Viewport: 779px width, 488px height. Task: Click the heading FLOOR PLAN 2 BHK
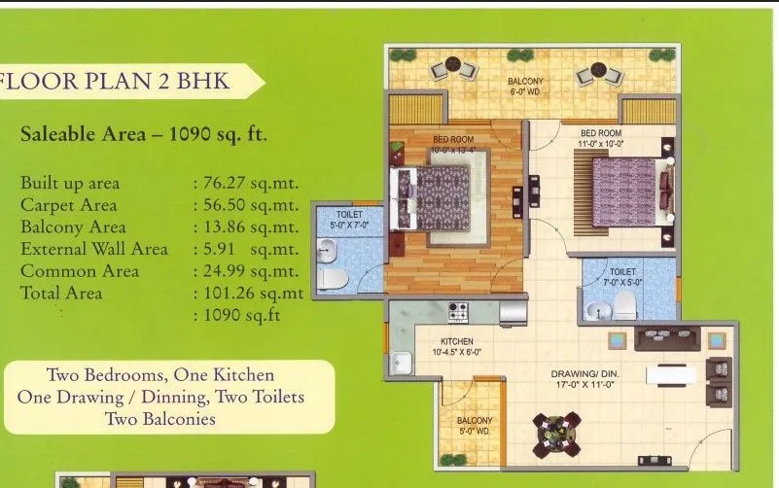point(118,80)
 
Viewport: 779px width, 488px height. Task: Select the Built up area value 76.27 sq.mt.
point(246,183)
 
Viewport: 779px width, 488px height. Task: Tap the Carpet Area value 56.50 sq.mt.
point(246,205)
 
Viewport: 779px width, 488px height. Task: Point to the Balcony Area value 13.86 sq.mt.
point(246,227)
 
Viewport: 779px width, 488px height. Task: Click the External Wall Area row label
point(94,249)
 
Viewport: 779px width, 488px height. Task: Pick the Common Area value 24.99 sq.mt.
point(246,270)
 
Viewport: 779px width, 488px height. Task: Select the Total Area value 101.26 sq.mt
point(249,292)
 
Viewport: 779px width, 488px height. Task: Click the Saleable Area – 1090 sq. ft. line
point(144,134)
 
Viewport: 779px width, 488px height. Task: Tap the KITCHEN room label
point(456,341)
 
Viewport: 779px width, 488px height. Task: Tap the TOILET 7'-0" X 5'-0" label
point(622,277)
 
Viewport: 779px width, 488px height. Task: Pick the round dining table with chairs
point(556,435)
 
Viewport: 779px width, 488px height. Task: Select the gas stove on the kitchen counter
point(457,312)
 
